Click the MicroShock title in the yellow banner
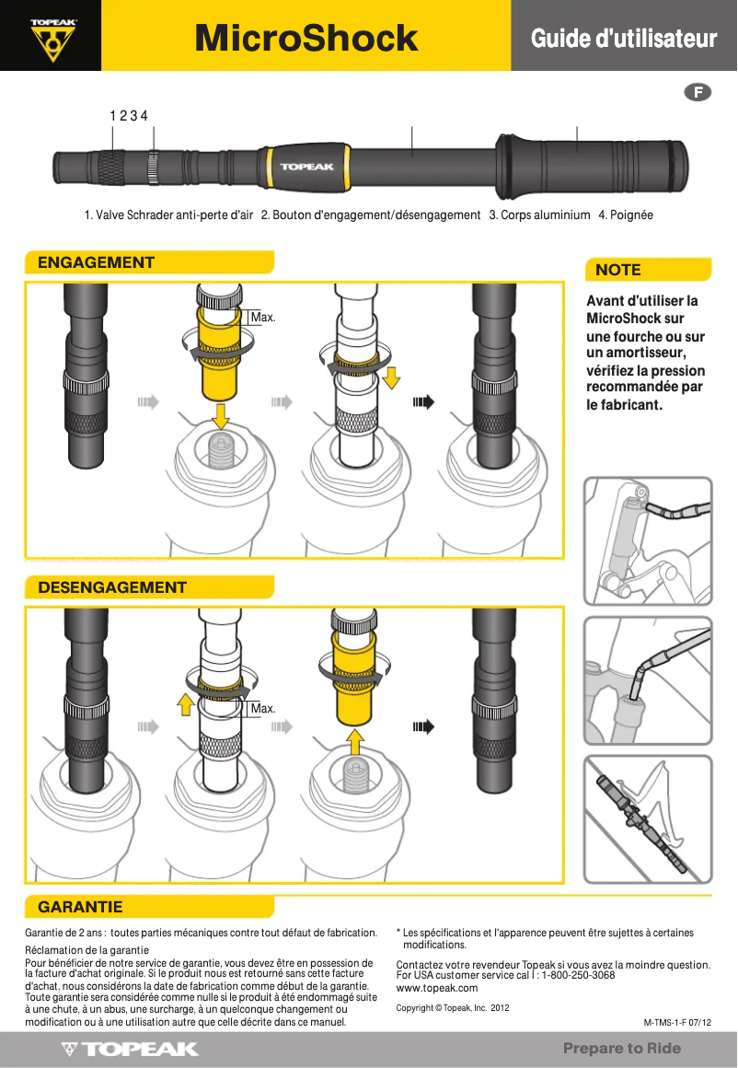(306, 38)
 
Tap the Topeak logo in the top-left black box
(52, 37)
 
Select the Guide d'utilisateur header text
(623, 39)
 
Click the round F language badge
(698, 92)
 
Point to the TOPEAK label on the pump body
(302, 167)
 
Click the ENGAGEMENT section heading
(96, 263)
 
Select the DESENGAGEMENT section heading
(112, 587)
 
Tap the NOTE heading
(618, 270)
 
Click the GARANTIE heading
(80, 907)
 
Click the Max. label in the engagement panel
(263, 318)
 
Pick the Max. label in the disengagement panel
(263, 709)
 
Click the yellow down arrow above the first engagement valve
(219, 415)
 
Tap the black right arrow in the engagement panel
(423, 402)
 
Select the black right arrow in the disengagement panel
(423, 727)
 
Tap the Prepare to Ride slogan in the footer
(622, 1049)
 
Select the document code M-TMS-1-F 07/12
(677, 1023)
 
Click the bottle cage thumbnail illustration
(648, 818)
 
